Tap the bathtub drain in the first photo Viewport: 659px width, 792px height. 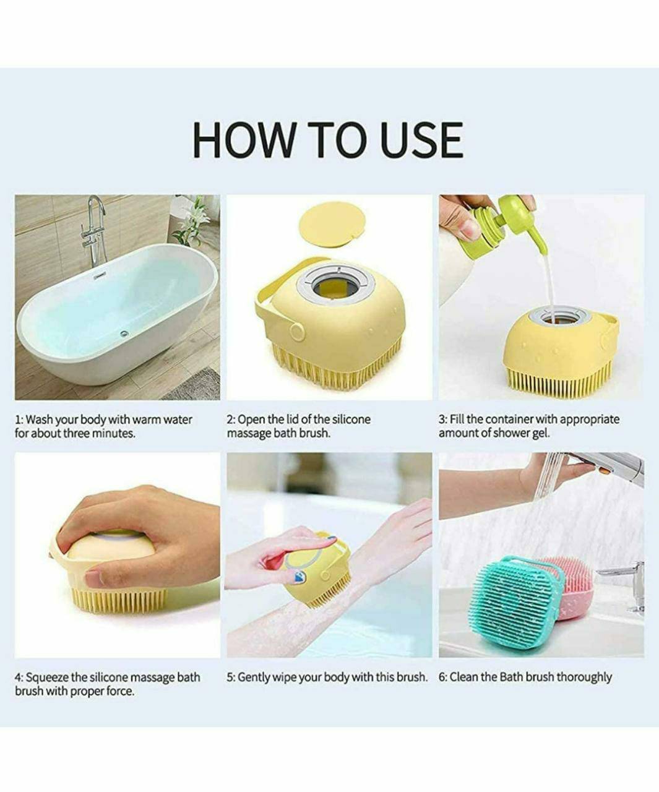[124, 334]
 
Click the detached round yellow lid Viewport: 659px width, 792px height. [333, 224]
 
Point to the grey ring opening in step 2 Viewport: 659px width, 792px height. [335, 286]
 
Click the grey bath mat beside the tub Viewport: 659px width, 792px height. [196, 385]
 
